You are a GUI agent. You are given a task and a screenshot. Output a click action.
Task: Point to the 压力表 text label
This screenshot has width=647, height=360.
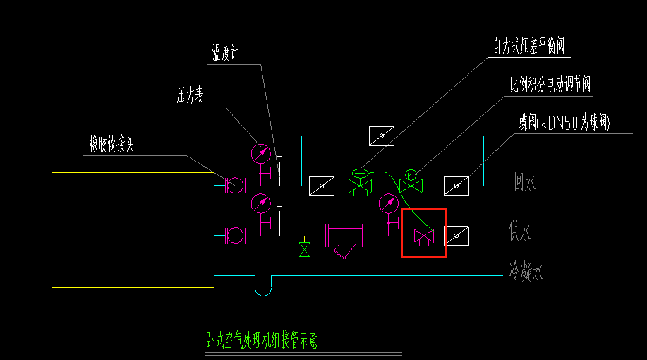pyautogui.click(x=190, y=97)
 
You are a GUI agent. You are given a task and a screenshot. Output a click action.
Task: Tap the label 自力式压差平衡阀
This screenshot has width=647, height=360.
pyautogui.click(x=531, y=47)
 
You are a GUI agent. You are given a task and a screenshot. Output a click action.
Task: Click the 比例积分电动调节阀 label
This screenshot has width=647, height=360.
pyautogui.click(x=550, y=85)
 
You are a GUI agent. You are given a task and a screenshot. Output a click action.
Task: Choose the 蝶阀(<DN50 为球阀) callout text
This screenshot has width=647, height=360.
pyautogui.click(x=564, y=124)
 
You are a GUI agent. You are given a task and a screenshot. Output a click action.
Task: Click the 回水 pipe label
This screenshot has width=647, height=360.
pyautogui.click(x=525, y=184)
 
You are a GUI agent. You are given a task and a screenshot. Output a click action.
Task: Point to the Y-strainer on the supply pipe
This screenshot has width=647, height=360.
pyautogui.click(x=345, y=240)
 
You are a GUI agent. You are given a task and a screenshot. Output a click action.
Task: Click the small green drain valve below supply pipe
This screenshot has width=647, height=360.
pyautogui.click(x=305, y=249)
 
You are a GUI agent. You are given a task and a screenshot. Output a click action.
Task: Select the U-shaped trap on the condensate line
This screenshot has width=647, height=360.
pyautogui.click(x=262, y=285)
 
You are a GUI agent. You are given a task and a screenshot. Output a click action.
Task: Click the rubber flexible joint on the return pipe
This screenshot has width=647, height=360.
pyautogui.click(x=234, y=186)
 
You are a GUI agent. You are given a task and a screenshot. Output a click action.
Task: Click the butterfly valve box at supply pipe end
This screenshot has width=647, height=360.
pyautogui.click(x=456, y=235)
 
